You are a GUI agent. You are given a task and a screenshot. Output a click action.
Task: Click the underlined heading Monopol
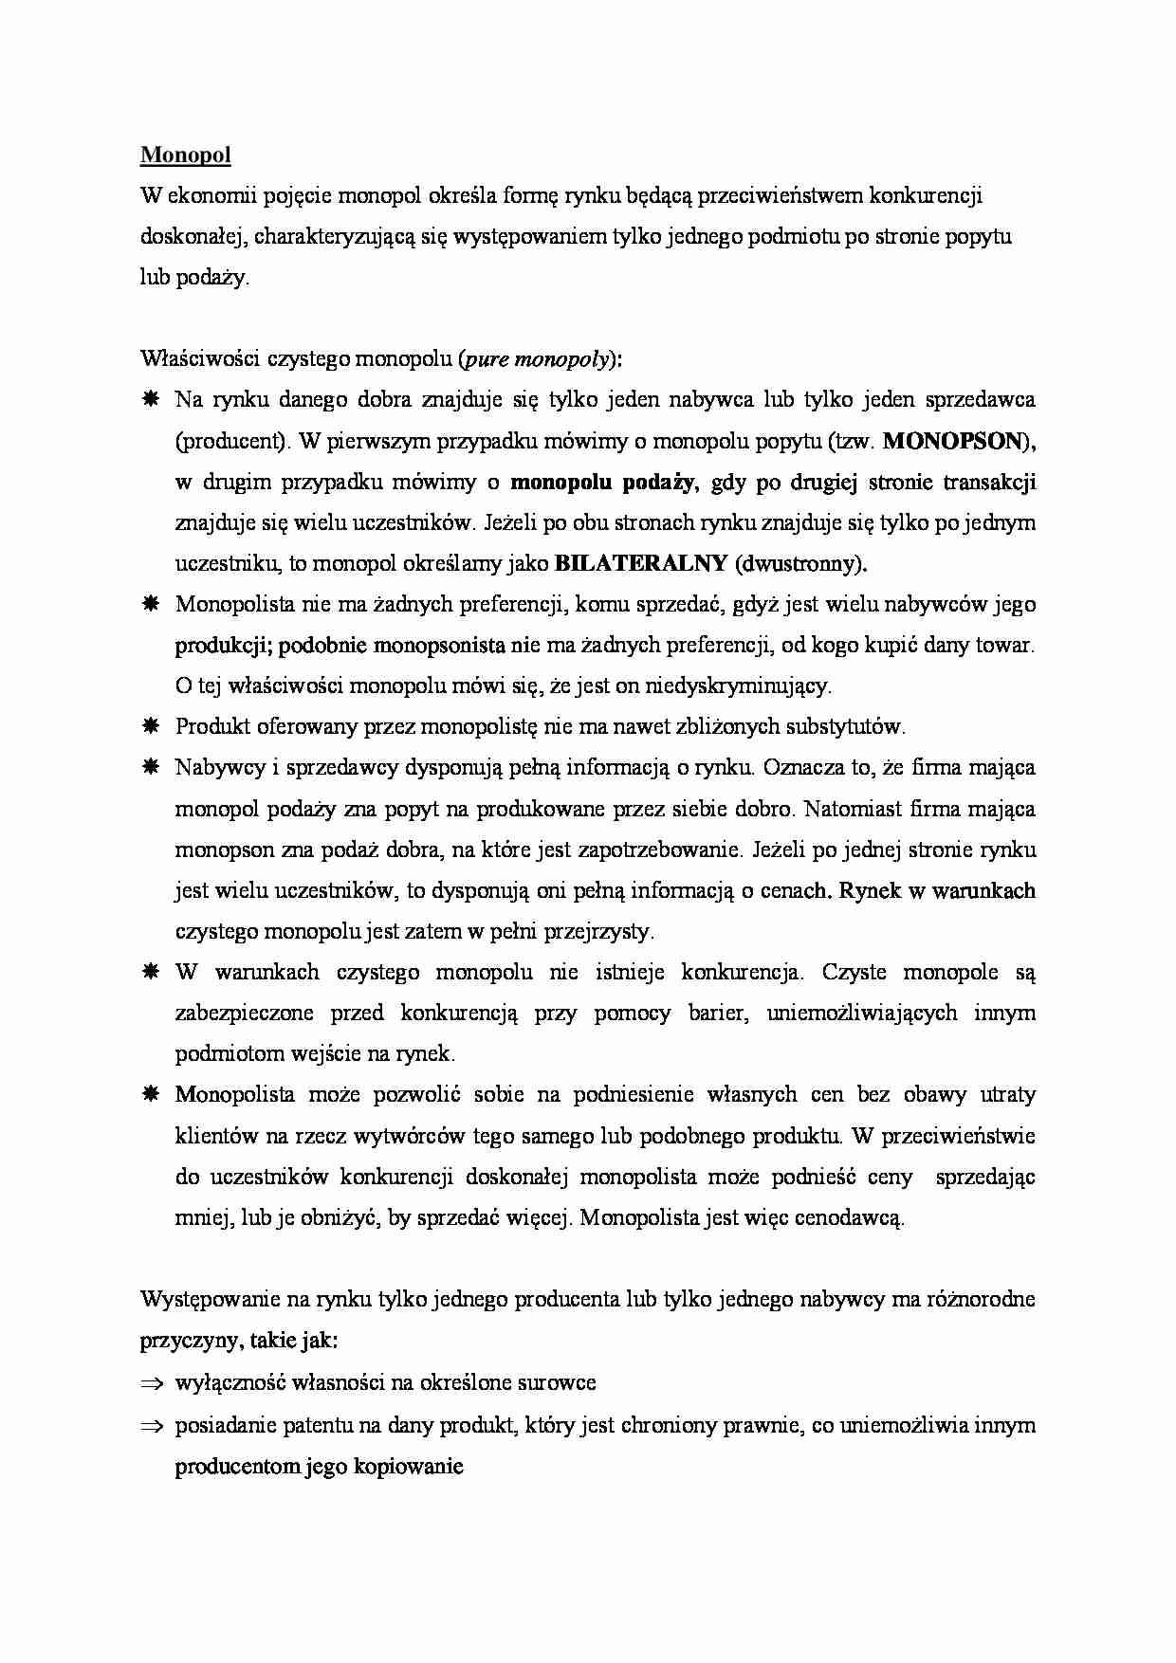click(185, 155)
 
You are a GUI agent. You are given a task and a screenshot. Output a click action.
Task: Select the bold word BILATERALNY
click(640, 563)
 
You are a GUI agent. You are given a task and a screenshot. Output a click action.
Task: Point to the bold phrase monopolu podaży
click(603, 482)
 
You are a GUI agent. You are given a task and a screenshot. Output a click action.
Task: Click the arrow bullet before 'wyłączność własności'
click(152, 1383)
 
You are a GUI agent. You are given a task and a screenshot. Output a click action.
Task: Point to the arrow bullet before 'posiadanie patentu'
click(152, 1426)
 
